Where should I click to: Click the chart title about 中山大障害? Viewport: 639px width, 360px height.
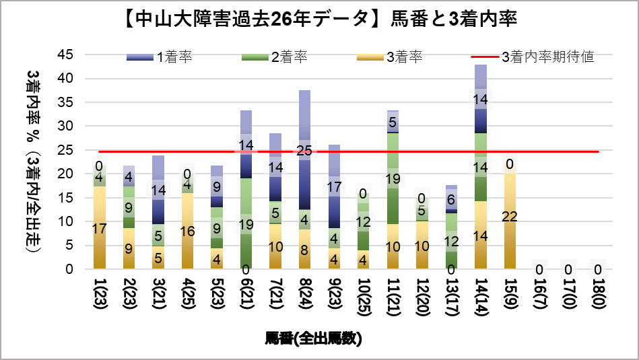click(x=320, y=19)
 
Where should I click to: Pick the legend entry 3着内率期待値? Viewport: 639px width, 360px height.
click(x=547, y=57)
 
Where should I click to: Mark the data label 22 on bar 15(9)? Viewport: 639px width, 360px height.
click(x=509, y=217)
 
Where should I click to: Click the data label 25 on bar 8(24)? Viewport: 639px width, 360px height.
click(x=304, y=150)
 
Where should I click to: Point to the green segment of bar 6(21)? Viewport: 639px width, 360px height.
click(x=246, y=202)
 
